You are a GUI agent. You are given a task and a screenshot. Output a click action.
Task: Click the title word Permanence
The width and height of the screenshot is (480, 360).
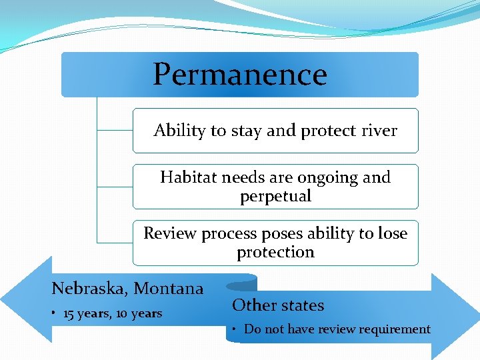tap(240, 75)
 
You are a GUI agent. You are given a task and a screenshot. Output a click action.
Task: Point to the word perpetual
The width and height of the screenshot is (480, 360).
tap(275, 196)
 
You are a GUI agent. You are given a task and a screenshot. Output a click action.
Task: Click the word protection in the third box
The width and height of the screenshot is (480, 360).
tap(275, 252)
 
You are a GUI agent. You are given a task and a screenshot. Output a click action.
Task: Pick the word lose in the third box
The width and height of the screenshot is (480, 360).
tap(393, 233)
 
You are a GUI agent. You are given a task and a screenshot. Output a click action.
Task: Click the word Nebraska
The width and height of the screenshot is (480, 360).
tap(89, 289)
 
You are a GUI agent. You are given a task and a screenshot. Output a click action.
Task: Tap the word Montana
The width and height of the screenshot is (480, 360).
tap(169, 289)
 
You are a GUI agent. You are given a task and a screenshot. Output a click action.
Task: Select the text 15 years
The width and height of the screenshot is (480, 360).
tap(85, 313)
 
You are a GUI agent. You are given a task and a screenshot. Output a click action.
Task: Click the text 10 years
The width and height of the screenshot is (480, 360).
tap(138, 313)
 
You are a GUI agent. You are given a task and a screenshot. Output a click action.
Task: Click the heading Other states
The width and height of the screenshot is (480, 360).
tap(278, 305)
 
